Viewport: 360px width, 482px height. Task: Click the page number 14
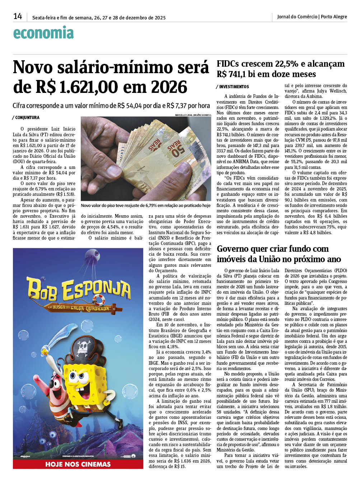point(18,16)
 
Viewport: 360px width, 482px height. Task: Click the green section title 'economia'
point(43,33)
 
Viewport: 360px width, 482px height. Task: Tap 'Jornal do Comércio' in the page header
point(297,16)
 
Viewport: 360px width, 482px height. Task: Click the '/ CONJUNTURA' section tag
point(26,118)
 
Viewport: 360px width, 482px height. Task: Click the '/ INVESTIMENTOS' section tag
point(233,87)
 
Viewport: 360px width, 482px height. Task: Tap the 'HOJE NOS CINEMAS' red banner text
point(78,464)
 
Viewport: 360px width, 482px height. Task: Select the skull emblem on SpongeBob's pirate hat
point(84,347)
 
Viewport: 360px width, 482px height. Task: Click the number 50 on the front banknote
point(178,147)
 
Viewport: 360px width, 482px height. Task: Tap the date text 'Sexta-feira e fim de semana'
point(62,18)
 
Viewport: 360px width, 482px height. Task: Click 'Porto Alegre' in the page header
point(334,16)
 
